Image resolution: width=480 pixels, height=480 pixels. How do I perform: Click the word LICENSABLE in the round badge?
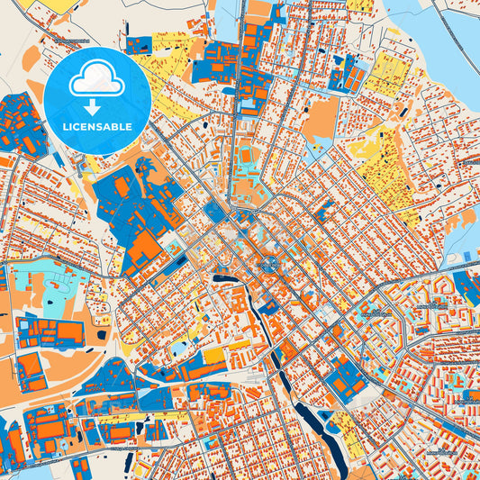coord(97,127)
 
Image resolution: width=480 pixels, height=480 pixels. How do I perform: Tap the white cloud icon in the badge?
coord(96,81)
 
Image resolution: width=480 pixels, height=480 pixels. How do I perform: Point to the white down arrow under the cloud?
coord(96,104)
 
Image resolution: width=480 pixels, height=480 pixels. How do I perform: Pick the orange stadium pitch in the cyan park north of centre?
coord(246,158)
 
